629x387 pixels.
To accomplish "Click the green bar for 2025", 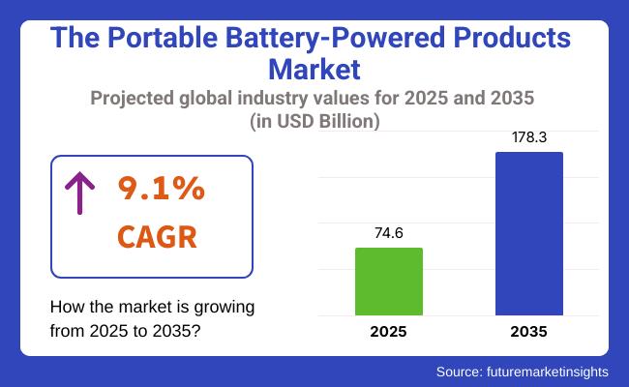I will coord(388,282).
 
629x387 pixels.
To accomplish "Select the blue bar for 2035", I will coord(528,233).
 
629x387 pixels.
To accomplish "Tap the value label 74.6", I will coord(388,232).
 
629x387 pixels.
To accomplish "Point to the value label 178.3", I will coord(529,137).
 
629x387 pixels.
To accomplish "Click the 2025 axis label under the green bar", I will coord(388,332).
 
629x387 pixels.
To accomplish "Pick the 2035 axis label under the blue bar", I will coord(528,332).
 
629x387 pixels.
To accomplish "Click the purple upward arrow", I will coord(78,193).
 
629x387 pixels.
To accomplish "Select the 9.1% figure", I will coord(162,190).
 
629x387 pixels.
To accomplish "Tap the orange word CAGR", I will coord(156,236).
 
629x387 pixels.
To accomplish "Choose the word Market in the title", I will coord(314,70).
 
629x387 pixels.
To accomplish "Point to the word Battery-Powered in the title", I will coord(332,40).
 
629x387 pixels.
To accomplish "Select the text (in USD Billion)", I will coord(314,120).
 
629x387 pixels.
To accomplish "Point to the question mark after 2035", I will coord(197,330).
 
